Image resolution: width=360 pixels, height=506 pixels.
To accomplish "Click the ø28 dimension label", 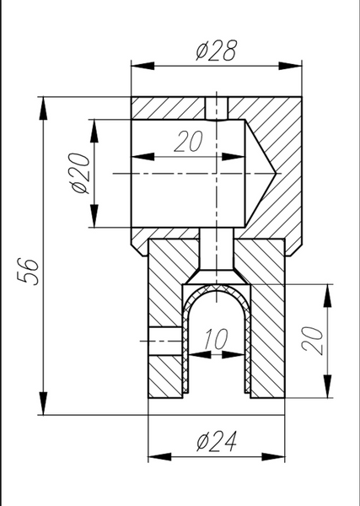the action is (x=217, y=51).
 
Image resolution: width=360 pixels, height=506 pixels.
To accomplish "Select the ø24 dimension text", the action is (x=217, y=441).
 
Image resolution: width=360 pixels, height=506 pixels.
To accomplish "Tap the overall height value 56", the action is (x=29, y=271).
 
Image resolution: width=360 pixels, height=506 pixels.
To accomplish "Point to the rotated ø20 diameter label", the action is (x=80, y=173).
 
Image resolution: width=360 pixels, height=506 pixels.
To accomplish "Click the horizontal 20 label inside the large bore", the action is (x=189, y=141).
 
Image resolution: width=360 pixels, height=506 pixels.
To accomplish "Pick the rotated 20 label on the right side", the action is (x=312, y=341).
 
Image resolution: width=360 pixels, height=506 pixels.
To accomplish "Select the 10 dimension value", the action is (x=216, y=339).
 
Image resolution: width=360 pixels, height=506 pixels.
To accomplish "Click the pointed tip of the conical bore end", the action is (x=277, y=174).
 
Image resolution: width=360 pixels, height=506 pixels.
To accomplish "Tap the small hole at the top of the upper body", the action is (x=217, y=109).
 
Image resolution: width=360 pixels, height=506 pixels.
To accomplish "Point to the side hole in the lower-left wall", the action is (x=165, y=341).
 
